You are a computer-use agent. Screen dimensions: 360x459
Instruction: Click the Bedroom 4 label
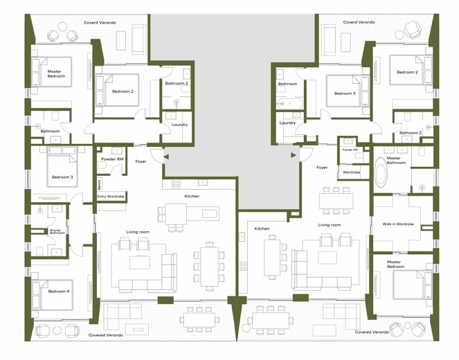(x=58, y=291)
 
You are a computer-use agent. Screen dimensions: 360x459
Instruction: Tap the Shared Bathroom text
(x=57, y=231)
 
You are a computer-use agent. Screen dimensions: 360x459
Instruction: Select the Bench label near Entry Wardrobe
(x=100, y=185)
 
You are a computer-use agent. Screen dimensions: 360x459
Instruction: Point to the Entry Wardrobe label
(x=111, y=197)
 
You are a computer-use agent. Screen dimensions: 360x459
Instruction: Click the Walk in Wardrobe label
(x=397, y=224)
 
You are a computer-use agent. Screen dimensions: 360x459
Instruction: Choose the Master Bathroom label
(x=398, y=160)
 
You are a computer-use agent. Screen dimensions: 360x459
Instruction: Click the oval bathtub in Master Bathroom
(x=382, y=174)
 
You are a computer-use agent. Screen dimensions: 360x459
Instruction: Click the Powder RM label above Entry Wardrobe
(x=112, y=159)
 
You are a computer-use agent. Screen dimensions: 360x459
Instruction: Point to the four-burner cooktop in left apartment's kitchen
(x=176, y=183)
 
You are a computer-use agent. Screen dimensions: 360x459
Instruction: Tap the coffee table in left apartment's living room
(x=141, y=262)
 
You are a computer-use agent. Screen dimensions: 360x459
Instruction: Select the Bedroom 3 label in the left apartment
(x=62, y=177)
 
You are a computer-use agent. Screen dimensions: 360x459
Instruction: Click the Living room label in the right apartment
(x=330, y=225)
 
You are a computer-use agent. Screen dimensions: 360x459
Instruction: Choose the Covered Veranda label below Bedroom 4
(x=107, y=334)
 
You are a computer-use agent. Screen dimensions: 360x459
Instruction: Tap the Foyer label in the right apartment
(x=322, y=168)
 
